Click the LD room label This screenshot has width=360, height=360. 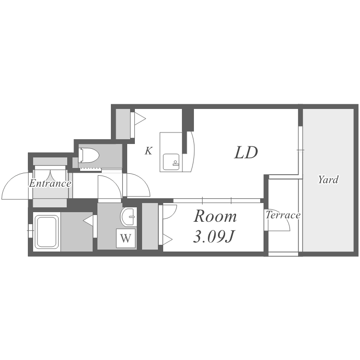coord(246,153)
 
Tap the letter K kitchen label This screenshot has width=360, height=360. coord(149,151)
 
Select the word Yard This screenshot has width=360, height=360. coord(328,180)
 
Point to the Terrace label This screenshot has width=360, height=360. coord(283,215)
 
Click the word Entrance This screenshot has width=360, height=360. coord(50,183)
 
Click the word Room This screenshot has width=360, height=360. coord(215,216)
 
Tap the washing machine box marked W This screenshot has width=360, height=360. coord(126,239)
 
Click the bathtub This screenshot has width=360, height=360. coord(47,232)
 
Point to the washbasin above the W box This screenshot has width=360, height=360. coord(128,217)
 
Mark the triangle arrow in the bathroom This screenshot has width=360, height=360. coord(88,221)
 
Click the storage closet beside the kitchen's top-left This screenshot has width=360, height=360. coord(123,124)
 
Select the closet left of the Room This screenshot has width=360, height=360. coord(150,226)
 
